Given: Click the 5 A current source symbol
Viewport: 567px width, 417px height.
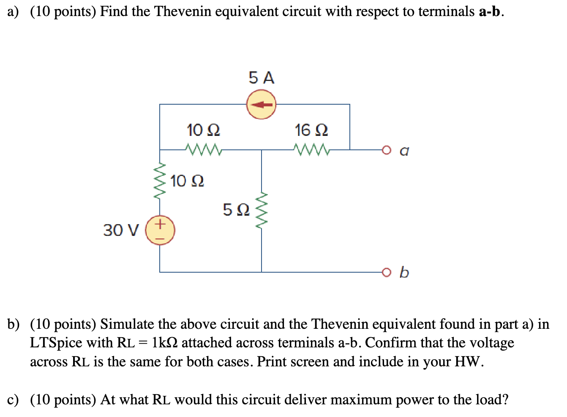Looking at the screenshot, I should tap(262, 104).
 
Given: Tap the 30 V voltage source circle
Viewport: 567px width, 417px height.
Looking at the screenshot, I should tap(160, 230).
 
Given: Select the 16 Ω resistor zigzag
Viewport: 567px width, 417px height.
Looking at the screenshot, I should tap(311, 149).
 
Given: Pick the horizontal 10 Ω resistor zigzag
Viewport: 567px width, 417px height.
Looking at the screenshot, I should tap(203, 149).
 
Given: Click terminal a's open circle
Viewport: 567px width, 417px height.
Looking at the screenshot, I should tap(385, 149).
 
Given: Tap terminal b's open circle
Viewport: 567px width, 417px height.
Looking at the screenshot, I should tap(385, 272).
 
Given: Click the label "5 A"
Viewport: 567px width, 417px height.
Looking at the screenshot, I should tap(262, 78).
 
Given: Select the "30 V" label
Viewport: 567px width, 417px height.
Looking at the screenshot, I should tap(121, 230).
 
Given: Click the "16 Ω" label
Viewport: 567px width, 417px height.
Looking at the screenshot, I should tap(311, 130).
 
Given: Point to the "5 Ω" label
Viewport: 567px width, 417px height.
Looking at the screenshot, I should tap(236, 209).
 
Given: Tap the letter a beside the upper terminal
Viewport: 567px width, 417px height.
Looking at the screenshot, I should tap(404, 151).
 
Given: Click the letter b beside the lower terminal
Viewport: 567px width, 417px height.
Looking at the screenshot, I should tap(404, 272).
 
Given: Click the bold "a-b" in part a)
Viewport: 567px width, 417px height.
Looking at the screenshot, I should tap(489, 11).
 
